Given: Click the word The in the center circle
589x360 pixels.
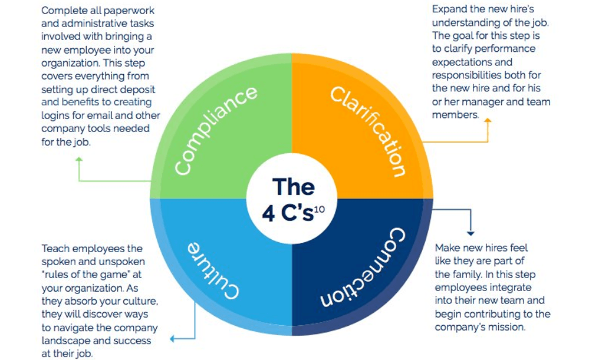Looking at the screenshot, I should pyautogui.click(x=294, y=187).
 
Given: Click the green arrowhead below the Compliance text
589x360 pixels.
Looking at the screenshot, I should pyautogui.click(x=79, y=160).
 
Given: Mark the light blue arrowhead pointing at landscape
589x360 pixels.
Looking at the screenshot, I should pyautogui.click(x=172, y=339).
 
